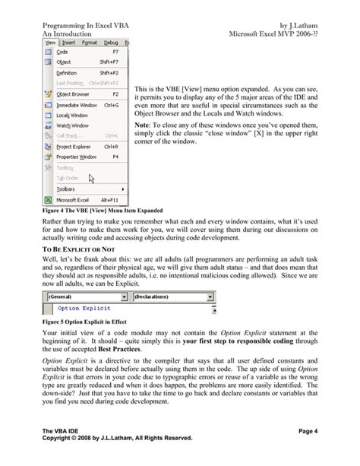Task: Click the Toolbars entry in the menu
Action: tap(67, 188)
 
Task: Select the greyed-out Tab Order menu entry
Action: tap(68, 178)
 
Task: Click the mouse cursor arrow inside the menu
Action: tap(91, 179)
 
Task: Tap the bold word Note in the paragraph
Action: tap(142, 125)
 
